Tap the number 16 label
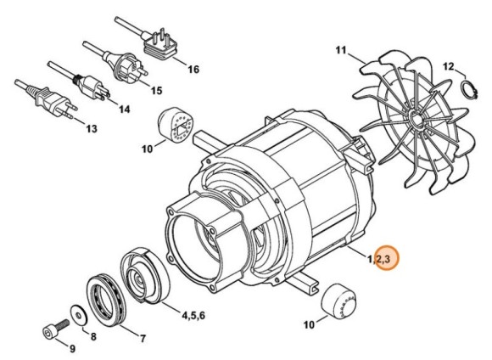(194, 69)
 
